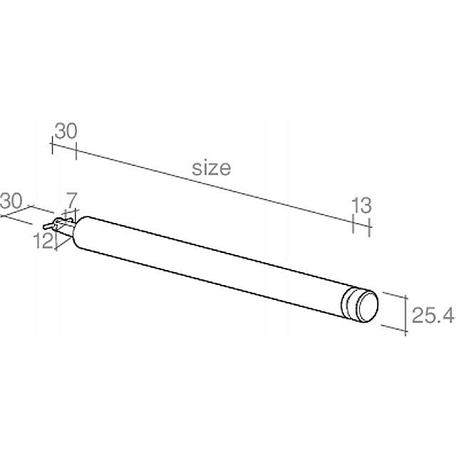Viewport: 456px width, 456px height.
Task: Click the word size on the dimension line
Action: (212, 168)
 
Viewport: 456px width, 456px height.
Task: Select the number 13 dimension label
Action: (361, 206)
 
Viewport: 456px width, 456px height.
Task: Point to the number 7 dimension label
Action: (71, 198)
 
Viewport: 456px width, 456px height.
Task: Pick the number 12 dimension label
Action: (43, 241)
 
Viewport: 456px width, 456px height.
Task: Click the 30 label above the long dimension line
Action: (66, 131)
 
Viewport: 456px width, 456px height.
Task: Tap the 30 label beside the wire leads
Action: (11, 200)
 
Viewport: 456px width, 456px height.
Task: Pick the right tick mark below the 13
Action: (369, 228)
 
